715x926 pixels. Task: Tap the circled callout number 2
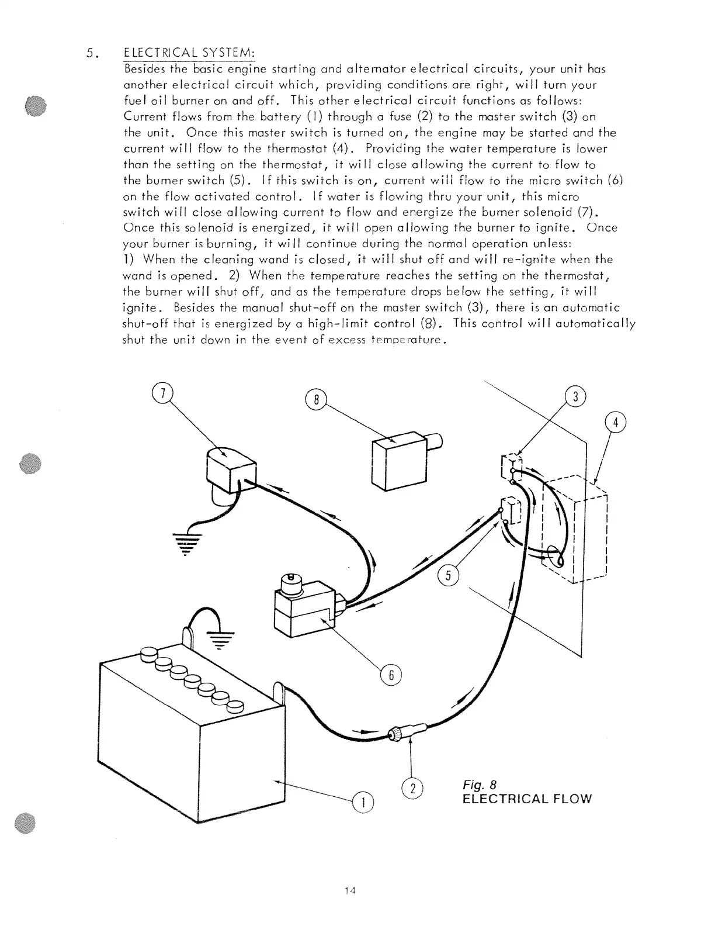tap(412, 789)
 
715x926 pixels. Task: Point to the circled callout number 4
tap(615, 423)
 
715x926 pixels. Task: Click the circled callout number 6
tap(391, 676)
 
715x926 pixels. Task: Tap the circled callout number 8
tap(315, 400)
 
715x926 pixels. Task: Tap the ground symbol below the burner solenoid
tap(185, 543)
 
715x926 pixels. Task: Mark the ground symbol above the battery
tap(220, 639)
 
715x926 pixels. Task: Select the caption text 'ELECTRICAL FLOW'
tap(526, 799)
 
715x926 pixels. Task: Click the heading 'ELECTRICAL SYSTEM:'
tap(190, 54)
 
